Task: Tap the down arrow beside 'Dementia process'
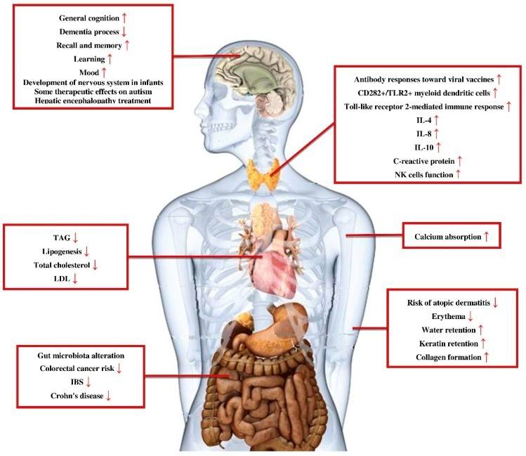[x=125, y=32]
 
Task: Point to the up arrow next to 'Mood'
[x=104, y=72]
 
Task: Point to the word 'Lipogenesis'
[x=61, y=251]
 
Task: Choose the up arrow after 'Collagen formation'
[x=487, y=357]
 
